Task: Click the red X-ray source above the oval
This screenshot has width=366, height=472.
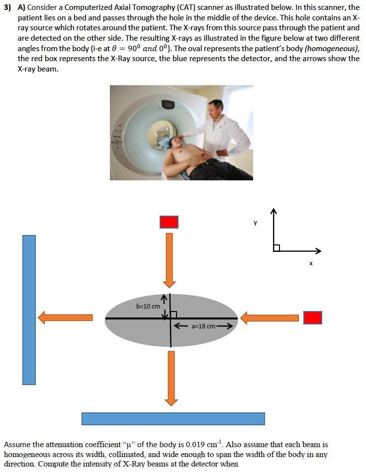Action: [169, 222]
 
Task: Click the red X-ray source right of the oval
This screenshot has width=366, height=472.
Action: [313, 317]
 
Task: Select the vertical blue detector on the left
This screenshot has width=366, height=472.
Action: [29, 310]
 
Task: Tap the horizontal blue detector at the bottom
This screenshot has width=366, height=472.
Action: [173, 418]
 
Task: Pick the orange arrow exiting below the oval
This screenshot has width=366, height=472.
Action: [171, 378]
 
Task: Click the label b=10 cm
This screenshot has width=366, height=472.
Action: [148, 306]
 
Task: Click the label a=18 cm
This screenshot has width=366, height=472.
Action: [203, 326]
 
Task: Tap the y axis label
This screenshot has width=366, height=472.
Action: [255, 223]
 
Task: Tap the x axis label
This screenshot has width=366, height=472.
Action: [311, 263]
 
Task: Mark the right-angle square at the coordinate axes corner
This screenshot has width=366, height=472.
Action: [276, 247]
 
